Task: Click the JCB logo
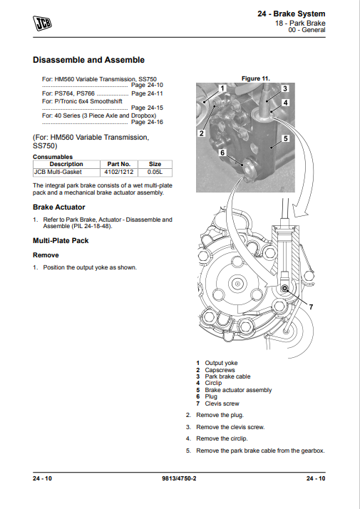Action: [42, 23]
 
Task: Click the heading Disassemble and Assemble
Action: [88, 60]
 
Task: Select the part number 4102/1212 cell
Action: [119, 172]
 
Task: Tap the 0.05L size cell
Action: [155, 172]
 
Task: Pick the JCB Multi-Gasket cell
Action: [66, 172]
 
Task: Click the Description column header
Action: [66, 164]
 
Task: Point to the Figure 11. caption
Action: [255, 78]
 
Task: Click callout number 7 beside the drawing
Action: [311, 307]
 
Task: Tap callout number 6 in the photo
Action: [222, 153]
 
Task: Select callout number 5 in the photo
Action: [285, 138]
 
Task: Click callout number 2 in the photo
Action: [202, 133]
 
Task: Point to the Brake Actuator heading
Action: [58, 207]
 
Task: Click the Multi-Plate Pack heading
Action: [61, 240]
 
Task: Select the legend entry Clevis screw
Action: [222, 403]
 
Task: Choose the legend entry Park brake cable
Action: [227, 376]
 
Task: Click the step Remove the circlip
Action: [222, 438]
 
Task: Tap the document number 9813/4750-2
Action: [179, 478]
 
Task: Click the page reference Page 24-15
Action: [147, 108]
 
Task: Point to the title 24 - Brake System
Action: [291, 14]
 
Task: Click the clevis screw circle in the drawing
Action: [284, 288]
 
